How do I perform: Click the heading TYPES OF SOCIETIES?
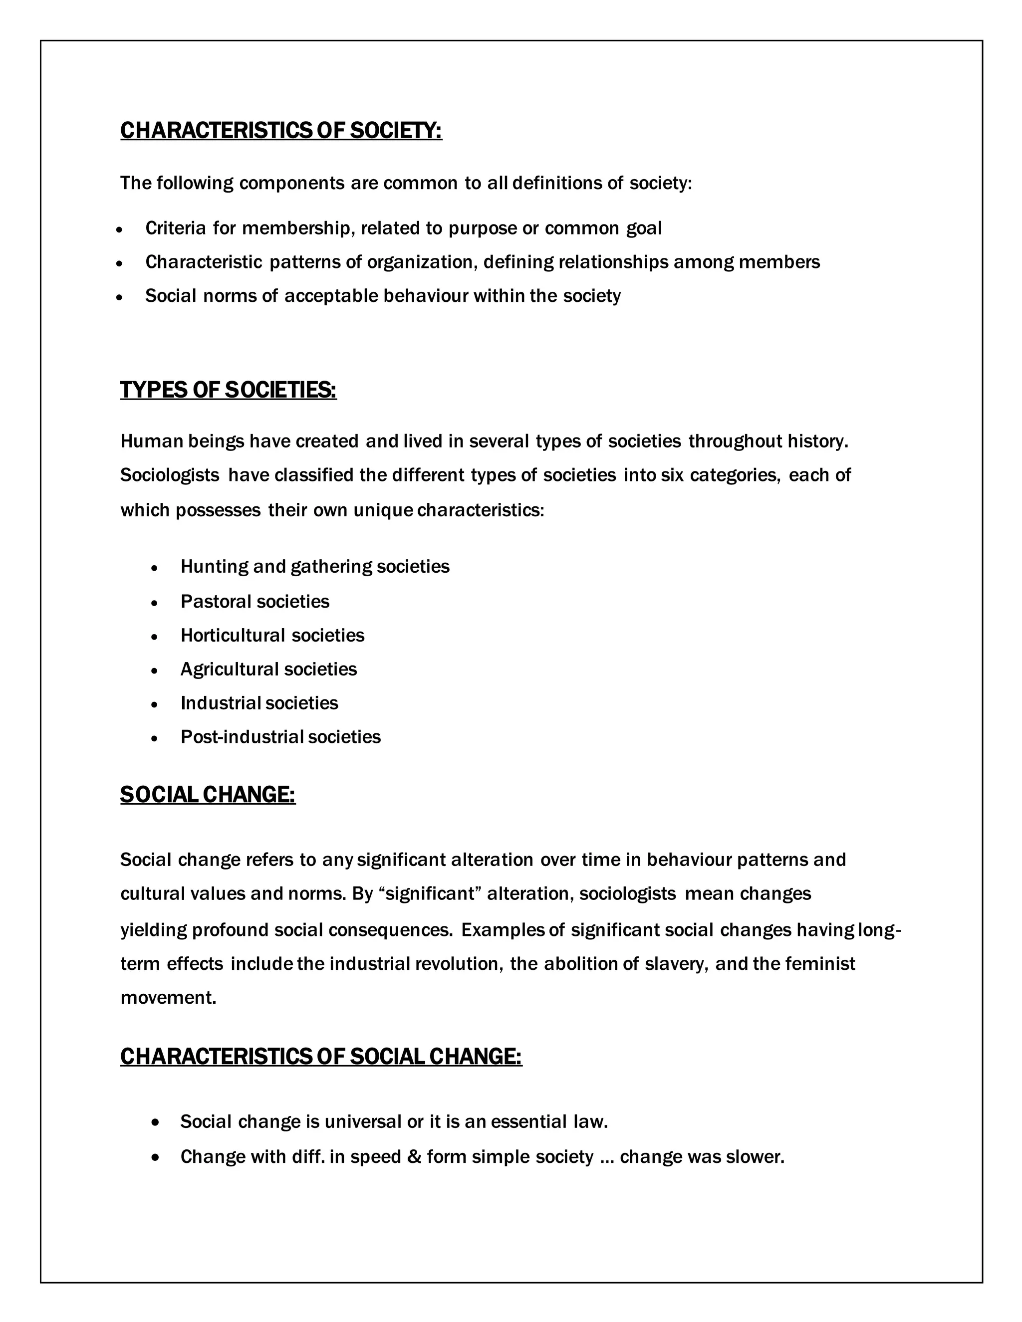tap(228, 390)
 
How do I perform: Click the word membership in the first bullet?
tap(296, 228)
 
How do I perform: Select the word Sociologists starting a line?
tap(170, 475)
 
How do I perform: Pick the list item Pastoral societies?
tap(255, 601)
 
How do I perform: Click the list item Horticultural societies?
tap(272, 635)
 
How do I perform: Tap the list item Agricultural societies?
tap(269, 669)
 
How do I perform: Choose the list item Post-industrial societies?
tap(280, 737)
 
